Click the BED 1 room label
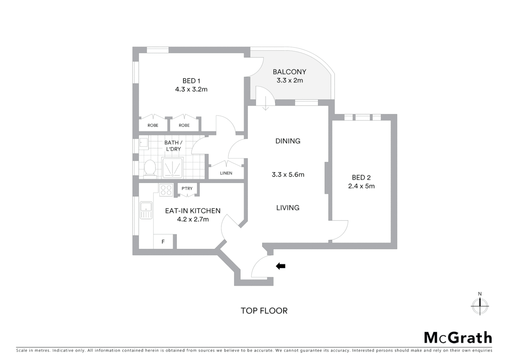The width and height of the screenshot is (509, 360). point(191,81)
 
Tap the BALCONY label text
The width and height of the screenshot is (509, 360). point(289,72)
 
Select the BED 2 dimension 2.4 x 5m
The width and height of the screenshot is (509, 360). point(361,186)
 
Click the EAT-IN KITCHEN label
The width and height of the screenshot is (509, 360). point(193,211)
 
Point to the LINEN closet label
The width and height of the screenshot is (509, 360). point(226,173)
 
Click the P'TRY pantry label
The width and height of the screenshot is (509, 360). point(187,189)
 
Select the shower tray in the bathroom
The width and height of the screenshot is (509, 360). point(172,168)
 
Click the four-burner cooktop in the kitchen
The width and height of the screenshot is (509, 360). point(166,190)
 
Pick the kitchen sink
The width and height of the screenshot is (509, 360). point(146,210)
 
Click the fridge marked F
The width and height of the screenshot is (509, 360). point(163,242)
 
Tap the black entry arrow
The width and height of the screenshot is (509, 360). point(280,266)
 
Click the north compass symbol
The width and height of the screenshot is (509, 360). point(480,305)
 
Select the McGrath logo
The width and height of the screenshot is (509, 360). point(458,338)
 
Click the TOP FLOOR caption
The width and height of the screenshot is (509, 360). point(264,311)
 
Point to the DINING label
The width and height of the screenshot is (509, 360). point(288,141)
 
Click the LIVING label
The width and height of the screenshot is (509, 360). point(288,208)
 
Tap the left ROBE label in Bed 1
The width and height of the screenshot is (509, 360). point(153,125)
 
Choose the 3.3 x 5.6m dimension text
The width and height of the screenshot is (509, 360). point(288,175)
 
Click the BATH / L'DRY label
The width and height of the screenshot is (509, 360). point(173,146)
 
